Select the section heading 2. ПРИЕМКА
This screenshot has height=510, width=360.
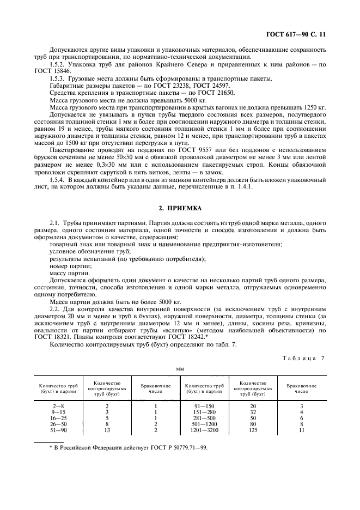(x=180, y=208)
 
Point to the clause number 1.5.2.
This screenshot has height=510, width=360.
(x=57, y=65)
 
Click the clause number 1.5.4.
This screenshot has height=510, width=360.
(x=57, y=179)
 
